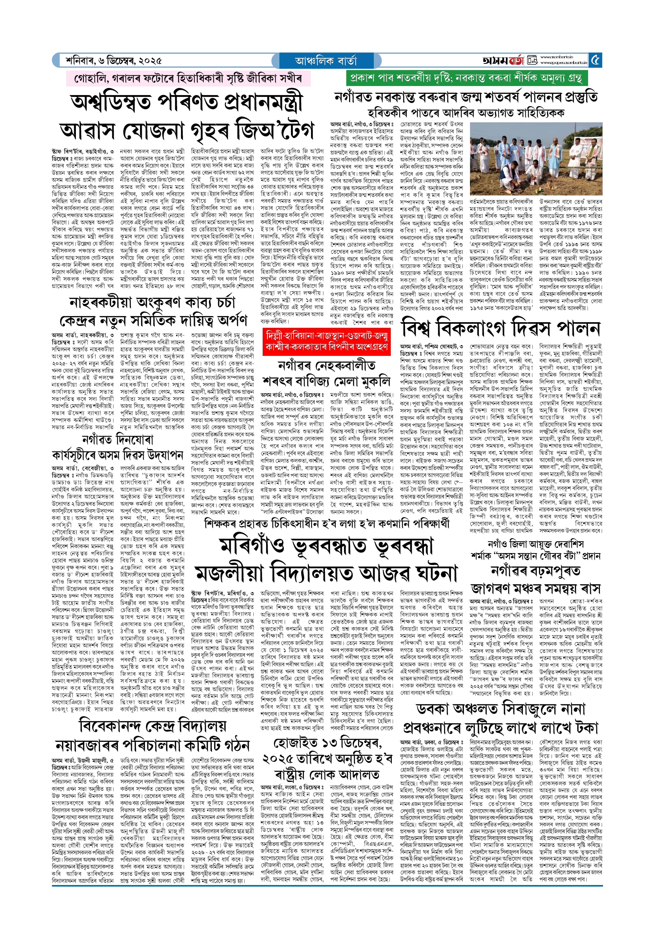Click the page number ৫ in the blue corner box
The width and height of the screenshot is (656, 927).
coord(595,60)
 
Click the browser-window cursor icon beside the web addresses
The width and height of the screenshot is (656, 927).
coord(533,61)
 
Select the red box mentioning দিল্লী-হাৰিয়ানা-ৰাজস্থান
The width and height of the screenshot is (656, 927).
coord(326,342)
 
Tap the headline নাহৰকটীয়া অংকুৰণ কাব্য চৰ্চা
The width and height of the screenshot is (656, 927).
coord(152,302)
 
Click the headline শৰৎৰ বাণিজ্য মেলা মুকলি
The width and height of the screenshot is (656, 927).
coord(326,382)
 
